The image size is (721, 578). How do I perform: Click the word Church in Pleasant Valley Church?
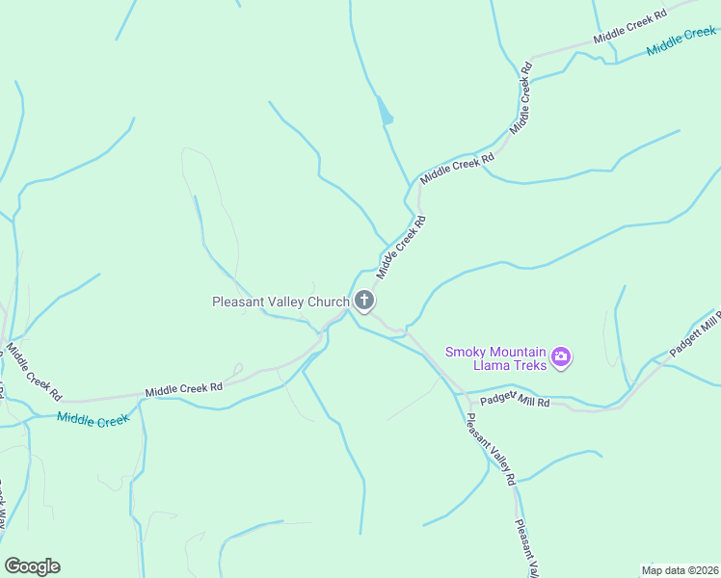click(x=325, y=302)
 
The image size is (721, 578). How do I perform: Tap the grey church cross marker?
click(x=364, y=302)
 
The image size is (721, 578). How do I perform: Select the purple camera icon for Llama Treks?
click(x=561, y=359)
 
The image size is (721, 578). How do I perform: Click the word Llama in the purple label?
click(x=491, y=366)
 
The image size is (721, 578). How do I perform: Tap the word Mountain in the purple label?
click(x=521, y=352)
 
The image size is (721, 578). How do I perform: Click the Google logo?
click(x=32, y=566)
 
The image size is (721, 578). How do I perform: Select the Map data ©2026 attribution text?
click(x=679, y=570)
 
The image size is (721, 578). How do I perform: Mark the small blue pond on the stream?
click(x=386, y=113)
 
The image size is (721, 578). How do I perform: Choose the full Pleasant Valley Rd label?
click(x=491, y=448)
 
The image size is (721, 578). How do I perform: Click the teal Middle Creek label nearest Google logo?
click(x=93, y=419)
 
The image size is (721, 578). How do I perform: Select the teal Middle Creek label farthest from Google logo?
click(x=681, y=41)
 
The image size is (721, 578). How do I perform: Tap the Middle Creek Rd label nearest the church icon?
click(x=401, y=248)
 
